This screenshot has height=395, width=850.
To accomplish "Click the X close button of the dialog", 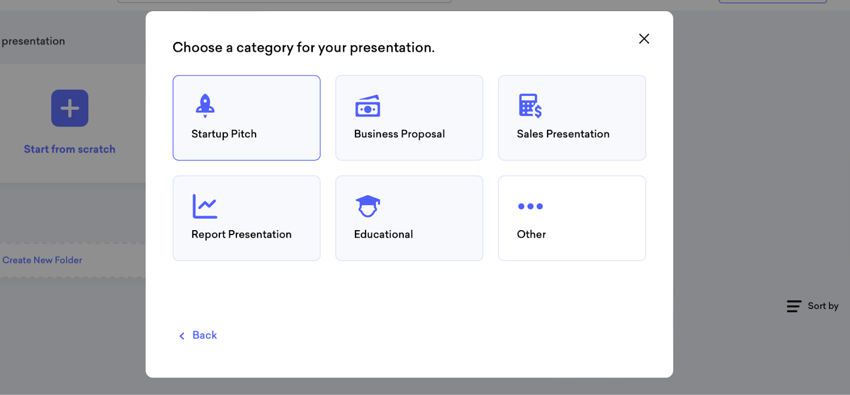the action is pyautogui.click(x=644, y=39).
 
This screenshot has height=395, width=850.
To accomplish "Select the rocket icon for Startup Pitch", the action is pyautogui.click(x=205, y=106).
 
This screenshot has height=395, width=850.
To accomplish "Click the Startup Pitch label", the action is pyautogui.click(x=224, y=134).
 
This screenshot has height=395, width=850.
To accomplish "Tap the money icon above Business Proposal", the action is pyautogui.click(x=368, y=106).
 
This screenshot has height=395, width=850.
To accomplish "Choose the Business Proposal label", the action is pyautogui.click(x=399, y=134).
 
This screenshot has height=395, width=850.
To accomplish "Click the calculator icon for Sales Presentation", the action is pyautogui.click(x=530, y=106).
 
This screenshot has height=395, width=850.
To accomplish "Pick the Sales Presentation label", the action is pyautogui.click(x=563, y=134).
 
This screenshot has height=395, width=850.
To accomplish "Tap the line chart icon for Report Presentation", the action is pyautogui.click(x=205, y=206).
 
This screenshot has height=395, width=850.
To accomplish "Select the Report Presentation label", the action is pyautogui.click(x=241, y=234).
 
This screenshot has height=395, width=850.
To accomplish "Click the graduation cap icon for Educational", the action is pyautogui.click(x=368, y=206).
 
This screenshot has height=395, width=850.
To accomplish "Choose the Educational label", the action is pyautogui.click(x=383, y=234).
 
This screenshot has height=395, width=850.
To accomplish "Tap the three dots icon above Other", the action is pyautogui.click(x=531, y=206).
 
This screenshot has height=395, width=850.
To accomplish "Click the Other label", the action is pyautogui.click(x=531, y=234).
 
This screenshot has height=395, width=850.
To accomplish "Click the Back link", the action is pyautogui.click(x=205, y=335).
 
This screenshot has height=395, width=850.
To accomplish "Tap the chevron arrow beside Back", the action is pyautogui.click(x=182, y=336).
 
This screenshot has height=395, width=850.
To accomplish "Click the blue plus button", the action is pyautogui.click(x=70, y=108).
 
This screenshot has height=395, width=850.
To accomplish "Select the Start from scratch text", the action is pyautogui.click(x=70, y=149).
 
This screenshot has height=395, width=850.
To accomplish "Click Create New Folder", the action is pyautogui.click(x=42, y=260).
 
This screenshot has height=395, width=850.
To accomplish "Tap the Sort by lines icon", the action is pyautogui.click(x=794, y=306).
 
